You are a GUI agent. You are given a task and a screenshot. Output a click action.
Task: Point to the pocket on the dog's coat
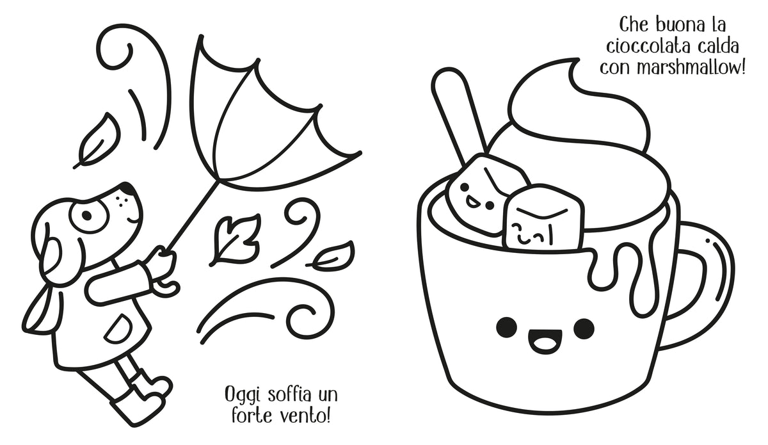(x=115, y=327)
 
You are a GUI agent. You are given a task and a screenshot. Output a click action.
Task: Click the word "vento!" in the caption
(x=305, y=416)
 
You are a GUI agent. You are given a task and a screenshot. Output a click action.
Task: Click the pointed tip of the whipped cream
(x=578, y=60)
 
